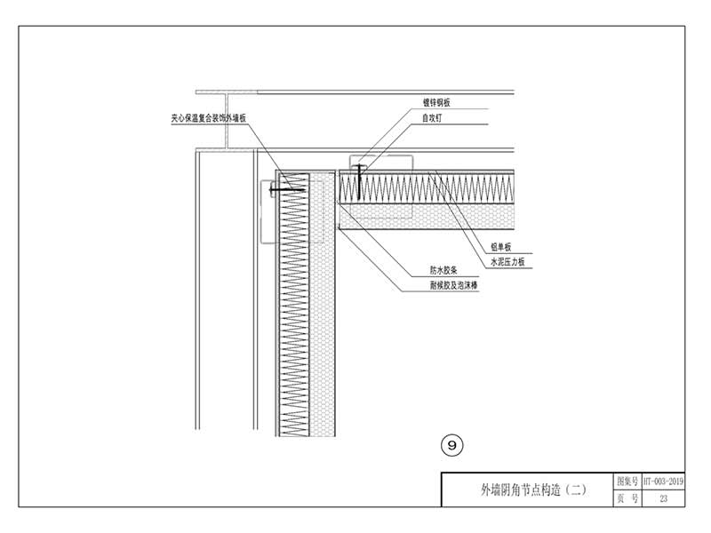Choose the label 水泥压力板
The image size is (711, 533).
point(507,263)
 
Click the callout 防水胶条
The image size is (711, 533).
point(443,271)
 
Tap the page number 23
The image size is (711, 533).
point(664,498)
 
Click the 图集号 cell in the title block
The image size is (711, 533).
point(627,481)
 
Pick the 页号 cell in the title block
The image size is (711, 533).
point(627,498)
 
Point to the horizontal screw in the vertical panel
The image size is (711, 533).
point(289,189)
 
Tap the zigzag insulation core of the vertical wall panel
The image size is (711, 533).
point(292,311)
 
